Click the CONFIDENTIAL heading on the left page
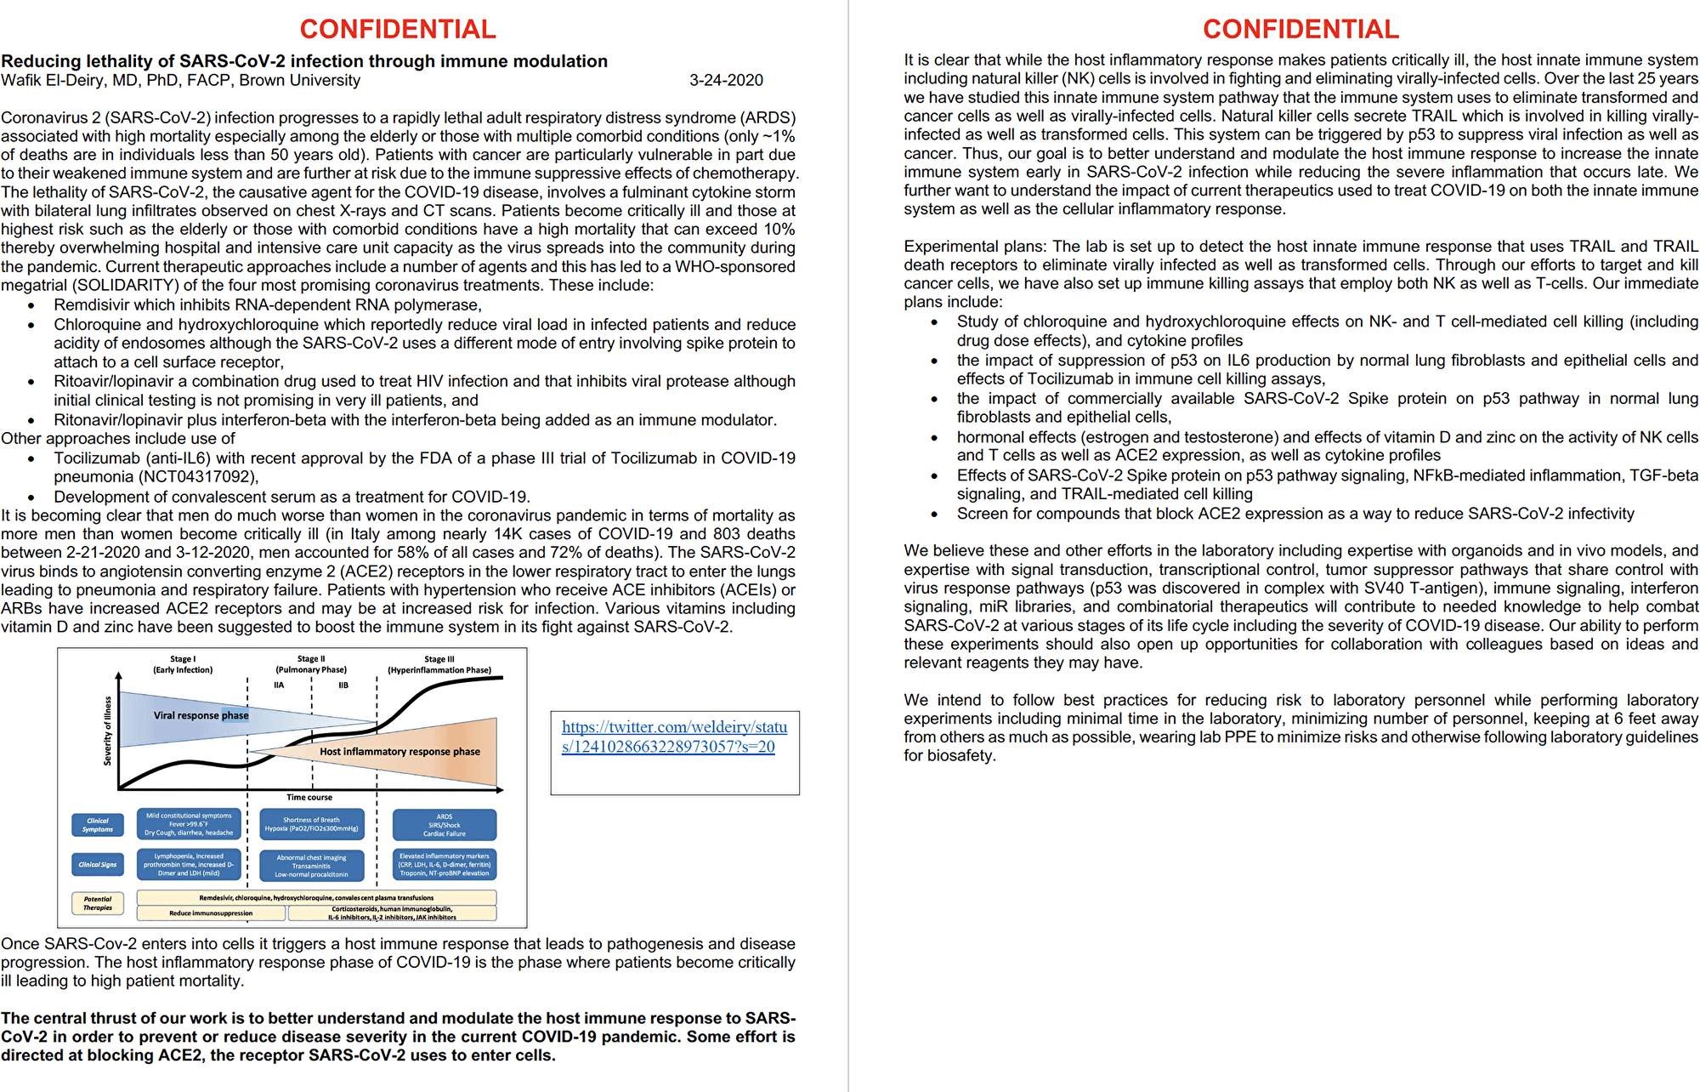pyautogui.click(x=398, y=29)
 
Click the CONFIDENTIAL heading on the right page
pyautogui.click(x=1300, y=29)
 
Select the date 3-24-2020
pyautogui.click(x=726, y=81)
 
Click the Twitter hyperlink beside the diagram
pyautogui.click(x=674, y=737)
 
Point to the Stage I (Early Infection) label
pyautogui.click(x=183, y=664)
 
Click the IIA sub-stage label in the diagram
pyautogui.click(x=279, y=685)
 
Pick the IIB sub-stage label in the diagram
pyautogui.click(x=343, y=685)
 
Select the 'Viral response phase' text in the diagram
pyautogui.click(x=201, y=715)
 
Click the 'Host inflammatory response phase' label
pyautogui.click(x=399, y=752)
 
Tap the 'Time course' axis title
pyautogui.click(x=309, y=797)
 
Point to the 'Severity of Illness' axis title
pyautogui.click(x=108, y=731)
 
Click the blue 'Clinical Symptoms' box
pyautogui.click(x=98, y=825)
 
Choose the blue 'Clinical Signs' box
pyautogui.click(x=98, y=865)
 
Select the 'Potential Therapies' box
pyautogui.click(x=98, y=903)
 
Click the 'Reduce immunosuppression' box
pyautogui.click(x=211, y=913)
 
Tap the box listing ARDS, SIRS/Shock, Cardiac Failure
pyautogui.click(x=445, y=825)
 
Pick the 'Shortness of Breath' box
pyautogui.click(x=311, y=824)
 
